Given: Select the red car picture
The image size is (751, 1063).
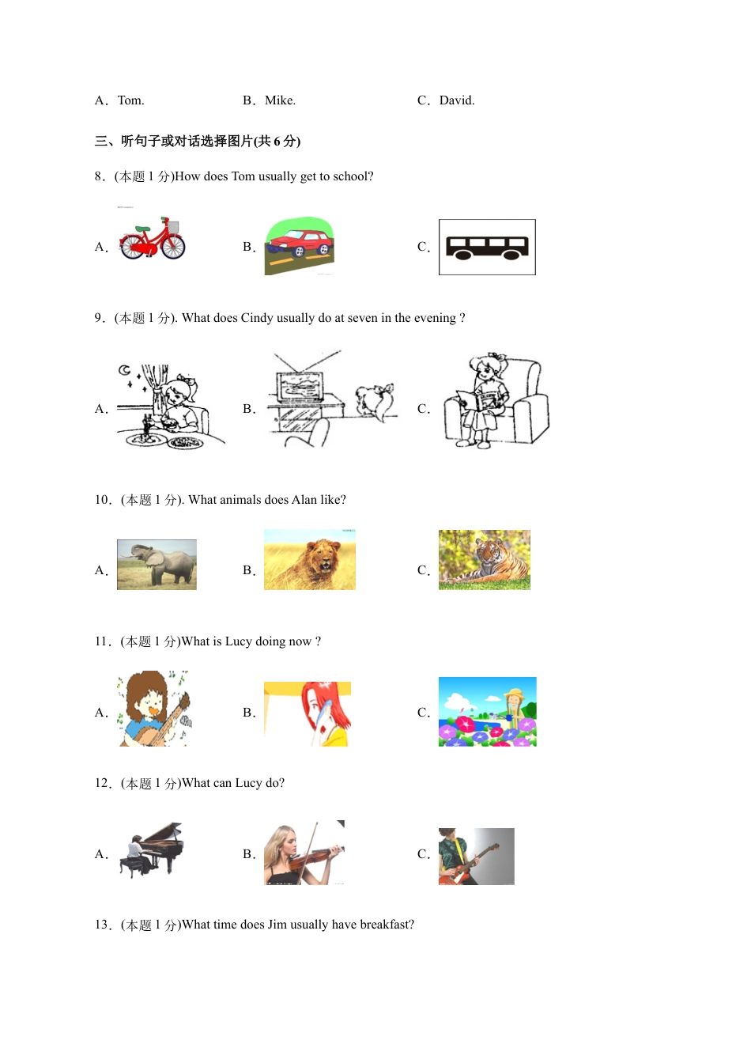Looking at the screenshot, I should pyautogui.click(x=299, y=245).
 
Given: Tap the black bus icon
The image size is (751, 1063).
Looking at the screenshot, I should pyautogui.click(x=487, y=248).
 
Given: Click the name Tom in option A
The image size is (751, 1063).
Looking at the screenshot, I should pyautogui.click(x=130, y=100).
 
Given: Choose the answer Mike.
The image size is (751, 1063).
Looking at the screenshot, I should pyautogui.click(x=280, y=100).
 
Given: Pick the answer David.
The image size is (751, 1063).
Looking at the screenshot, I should pyautogui.click(x=456, y=100).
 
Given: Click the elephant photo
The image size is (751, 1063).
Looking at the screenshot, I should pyautogui.click(x=157, y=565).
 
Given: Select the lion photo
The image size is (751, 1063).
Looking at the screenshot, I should pyautogui.click(x=310, y=560).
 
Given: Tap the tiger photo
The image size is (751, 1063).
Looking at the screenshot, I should pyautogui.click(x=485, y=560).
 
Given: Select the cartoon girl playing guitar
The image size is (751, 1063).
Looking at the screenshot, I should pyautogui.click(x=154, y=709).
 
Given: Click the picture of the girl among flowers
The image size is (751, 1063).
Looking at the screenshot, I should pyautogui.click(x=487, y=712).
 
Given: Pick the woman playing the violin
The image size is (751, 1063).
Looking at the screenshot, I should pyautogui.click(x=304, y=853).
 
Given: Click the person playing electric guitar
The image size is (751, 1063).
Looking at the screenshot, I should pyautogui.click(x=476, y=857).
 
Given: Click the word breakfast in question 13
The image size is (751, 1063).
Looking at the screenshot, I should pyautogui.click(x=386, y=925).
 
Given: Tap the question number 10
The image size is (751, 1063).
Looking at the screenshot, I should pyautogui.click(x=103, y=500).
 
